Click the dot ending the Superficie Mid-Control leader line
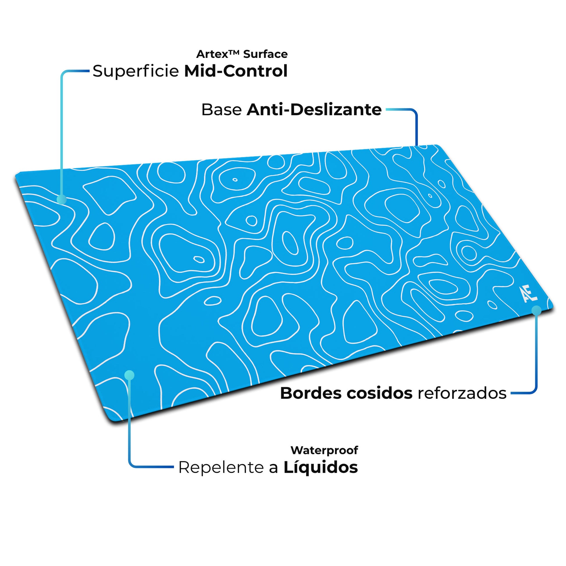click(x=62, y=200)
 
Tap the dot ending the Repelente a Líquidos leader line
click(x=129, y=375)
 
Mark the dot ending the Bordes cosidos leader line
click(x=536, y=311)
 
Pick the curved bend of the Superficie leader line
click(x=64, y=73)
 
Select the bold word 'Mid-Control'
click(x=236, y=71)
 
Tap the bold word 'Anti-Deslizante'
click(x=314, y=110)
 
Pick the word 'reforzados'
click(x=462, y=393)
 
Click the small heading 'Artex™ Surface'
click(x=242, y=54)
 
